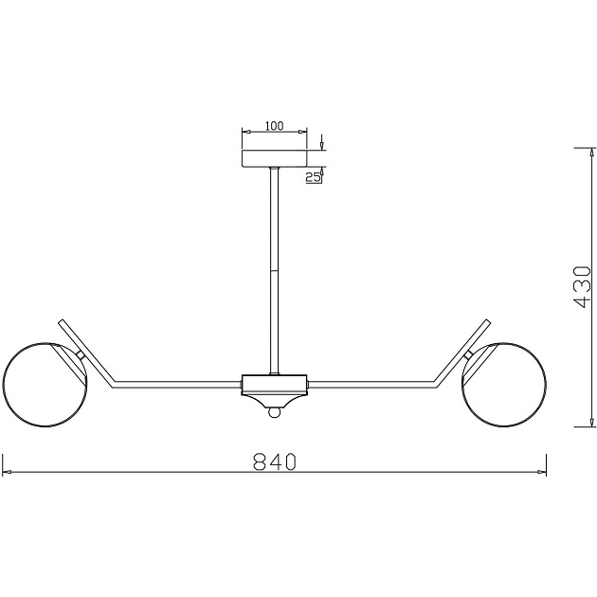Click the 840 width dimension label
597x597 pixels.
click(274, 461)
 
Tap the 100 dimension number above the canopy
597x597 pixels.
click(274, 125)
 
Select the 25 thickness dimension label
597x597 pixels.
click(313, 177)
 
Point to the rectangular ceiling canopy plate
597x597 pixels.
click(274, 159)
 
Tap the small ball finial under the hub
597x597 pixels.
click(274, 412)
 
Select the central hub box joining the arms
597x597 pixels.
click(274, 384)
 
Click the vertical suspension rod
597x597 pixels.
click(274, 271)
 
